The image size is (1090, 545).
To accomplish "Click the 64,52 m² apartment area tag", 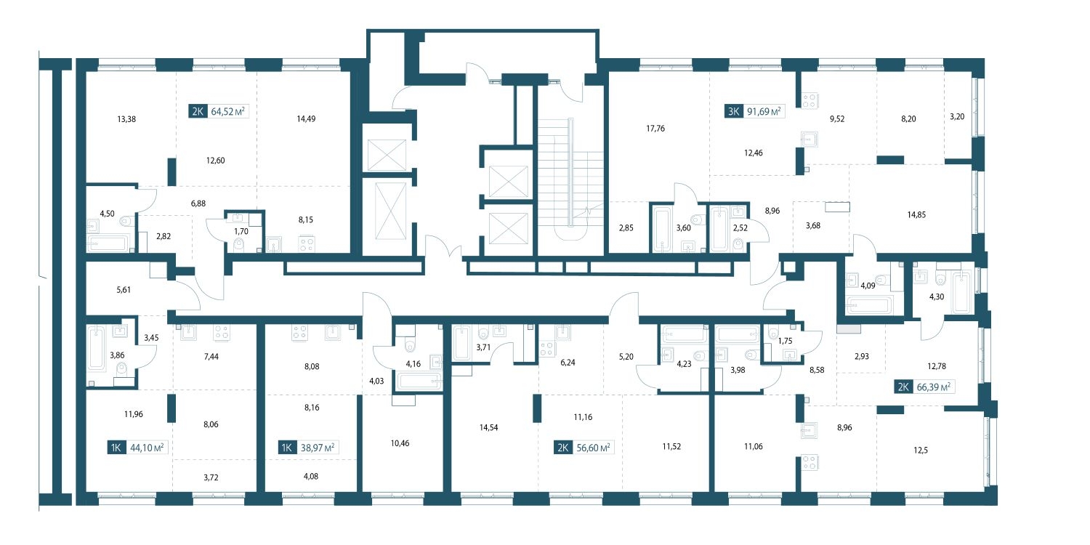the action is point(217,111).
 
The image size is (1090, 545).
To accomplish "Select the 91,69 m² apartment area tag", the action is point(754,111).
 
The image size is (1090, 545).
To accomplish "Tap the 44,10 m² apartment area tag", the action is point(137,447).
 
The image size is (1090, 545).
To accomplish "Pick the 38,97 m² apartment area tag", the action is point(307,447).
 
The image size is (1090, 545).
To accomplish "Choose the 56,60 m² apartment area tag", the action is point(583,447).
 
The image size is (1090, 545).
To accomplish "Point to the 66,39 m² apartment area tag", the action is point(924,387).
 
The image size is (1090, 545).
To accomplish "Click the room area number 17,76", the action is point(655,129).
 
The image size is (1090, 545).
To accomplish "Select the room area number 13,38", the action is point(126,119).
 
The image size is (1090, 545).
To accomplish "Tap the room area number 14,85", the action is point(916,214).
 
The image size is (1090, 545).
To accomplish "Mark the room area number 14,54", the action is point(488,428).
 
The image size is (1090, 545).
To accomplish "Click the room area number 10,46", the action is point(400,443).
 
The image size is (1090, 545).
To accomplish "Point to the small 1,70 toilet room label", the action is point(241,232).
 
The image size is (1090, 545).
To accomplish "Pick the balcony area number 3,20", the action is point(957,117).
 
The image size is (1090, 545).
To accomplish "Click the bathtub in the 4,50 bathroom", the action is point(108,243).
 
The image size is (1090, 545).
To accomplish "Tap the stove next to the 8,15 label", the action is point(306,243).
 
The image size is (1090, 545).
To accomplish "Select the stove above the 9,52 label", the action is point(810,101).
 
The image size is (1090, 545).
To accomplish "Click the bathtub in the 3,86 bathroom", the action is point(97,350).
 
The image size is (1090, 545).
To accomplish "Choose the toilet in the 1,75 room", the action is point(774,333).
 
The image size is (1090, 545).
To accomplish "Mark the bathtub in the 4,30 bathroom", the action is point(961,292).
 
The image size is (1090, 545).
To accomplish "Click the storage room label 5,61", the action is point(124,290).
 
